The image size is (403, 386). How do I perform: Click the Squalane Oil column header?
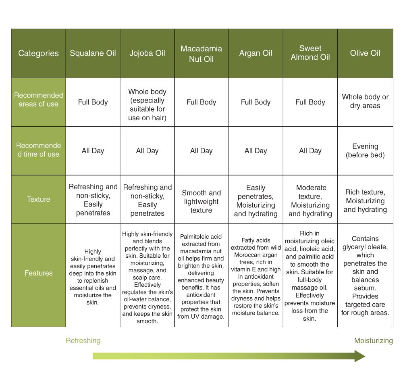tap(93, 53)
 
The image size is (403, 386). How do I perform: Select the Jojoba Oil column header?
tap(147, 53)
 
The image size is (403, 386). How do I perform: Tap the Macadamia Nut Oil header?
tap(201, 54)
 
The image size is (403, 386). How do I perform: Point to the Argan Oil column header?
tap(256, 53)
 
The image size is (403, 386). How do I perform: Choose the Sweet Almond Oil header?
tap(310, 53)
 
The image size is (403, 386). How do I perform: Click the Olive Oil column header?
tap(365, 53)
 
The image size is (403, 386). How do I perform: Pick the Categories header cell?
tap(38, 53)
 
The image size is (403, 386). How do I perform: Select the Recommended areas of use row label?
tap(38, 100)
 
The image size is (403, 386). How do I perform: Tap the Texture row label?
tap(38, 199)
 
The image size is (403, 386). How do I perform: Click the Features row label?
tap(38, 273)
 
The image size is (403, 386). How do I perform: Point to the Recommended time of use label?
tap(38, 150)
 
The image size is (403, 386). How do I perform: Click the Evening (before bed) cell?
tap(365, 150)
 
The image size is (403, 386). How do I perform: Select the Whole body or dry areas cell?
tap(365, 101)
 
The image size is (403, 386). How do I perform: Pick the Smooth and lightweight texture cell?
tap(201, 201)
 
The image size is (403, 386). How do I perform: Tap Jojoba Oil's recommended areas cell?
tap(147, 104)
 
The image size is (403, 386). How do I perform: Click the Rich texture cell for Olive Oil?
tap(365, 201)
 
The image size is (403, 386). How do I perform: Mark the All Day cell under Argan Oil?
tap(256, 151)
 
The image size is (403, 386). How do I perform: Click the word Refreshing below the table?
tap(83, 341)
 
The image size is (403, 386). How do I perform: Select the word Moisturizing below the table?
tap(373, 341)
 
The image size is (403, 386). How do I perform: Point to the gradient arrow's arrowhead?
tap(359, 356)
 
